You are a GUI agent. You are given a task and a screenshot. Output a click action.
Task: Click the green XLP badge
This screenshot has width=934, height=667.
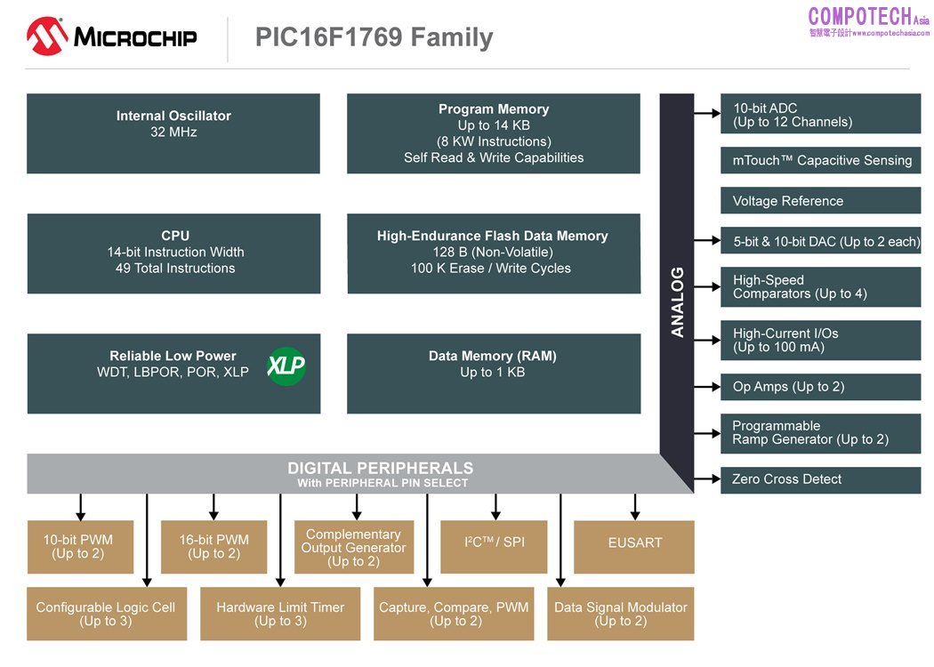[286, 366]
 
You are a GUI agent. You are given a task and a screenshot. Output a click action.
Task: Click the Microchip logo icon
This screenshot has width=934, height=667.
[47, 37]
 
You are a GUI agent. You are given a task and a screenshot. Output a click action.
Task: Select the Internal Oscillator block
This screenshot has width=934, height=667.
[173, 133]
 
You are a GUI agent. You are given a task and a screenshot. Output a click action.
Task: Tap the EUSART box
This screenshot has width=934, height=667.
[634, 546]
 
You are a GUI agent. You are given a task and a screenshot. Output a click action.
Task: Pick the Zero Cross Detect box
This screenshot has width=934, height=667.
[820, 479]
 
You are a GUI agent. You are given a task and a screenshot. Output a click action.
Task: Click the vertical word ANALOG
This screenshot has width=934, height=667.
[677, 301]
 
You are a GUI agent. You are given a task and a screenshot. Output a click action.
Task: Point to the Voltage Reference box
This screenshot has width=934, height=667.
[820, 201]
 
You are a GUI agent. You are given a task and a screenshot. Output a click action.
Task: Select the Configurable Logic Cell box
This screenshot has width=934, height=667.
[106, 614]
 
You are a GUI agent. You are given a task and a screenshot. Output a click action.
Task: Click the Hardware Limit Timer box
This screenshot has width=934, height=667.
[279, 614]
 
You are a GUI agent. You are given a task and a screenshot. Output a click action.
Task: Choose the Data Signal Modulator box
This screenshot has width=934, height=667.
[620, 614]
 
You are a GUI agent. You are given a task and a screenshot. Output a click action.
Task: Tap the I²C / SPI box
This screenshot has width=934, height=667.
[494, 546]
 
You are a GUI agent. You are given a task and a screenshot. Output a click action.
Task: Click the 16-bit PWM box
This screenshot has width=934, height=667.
[213, 546]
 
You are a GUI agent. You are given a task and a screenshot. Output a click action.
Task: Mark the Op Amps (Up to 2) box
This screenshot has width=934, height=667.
[820, 387]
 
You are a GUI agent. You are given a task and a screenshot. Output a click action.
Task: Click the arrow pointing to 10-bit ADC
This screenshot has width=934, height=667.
[707, 113]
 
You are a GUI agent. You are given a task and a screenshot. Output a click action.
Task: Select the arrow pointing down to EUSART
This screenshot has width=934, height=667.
[635, 507]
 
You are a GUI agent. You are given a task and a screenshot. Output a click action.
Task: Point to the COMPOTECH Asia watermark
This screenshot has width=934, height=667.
[868, 20]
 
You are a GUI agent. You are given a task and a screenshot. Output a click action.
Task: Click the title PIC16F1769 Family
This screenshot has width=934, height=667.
[374, 37]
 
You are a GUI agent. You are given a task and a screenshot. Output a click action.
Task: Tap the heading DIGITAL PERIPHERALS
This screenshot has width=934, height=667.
[380, 469]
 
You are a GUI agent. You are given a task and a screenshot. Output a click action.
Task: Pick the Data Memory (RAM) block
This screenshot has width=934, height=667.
[493, 373]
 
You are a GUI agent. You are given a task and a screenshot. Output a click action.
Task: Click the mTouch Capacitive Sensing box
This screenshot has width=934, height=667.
[820, 160]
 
